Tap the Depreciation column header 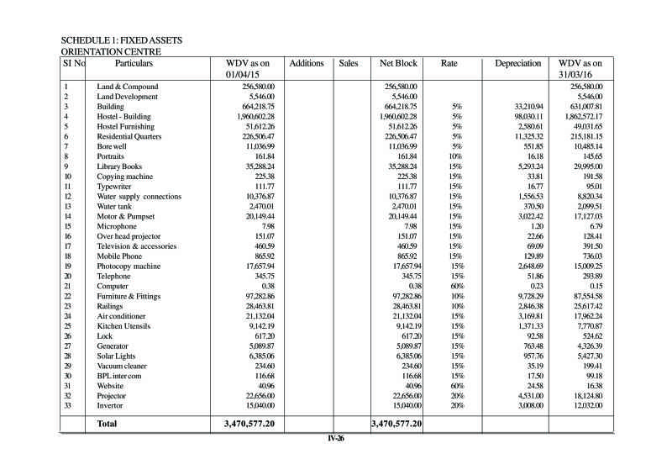(x=517, y=63)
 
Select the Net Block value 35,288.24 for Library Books (x=401, y=166)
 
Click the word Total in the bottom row (x=108, y=425)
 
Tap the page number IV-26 (x=337, y=438)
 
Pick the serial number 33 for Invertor (x=67, y=405)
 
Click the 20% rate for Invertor (x=456, y=405)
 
